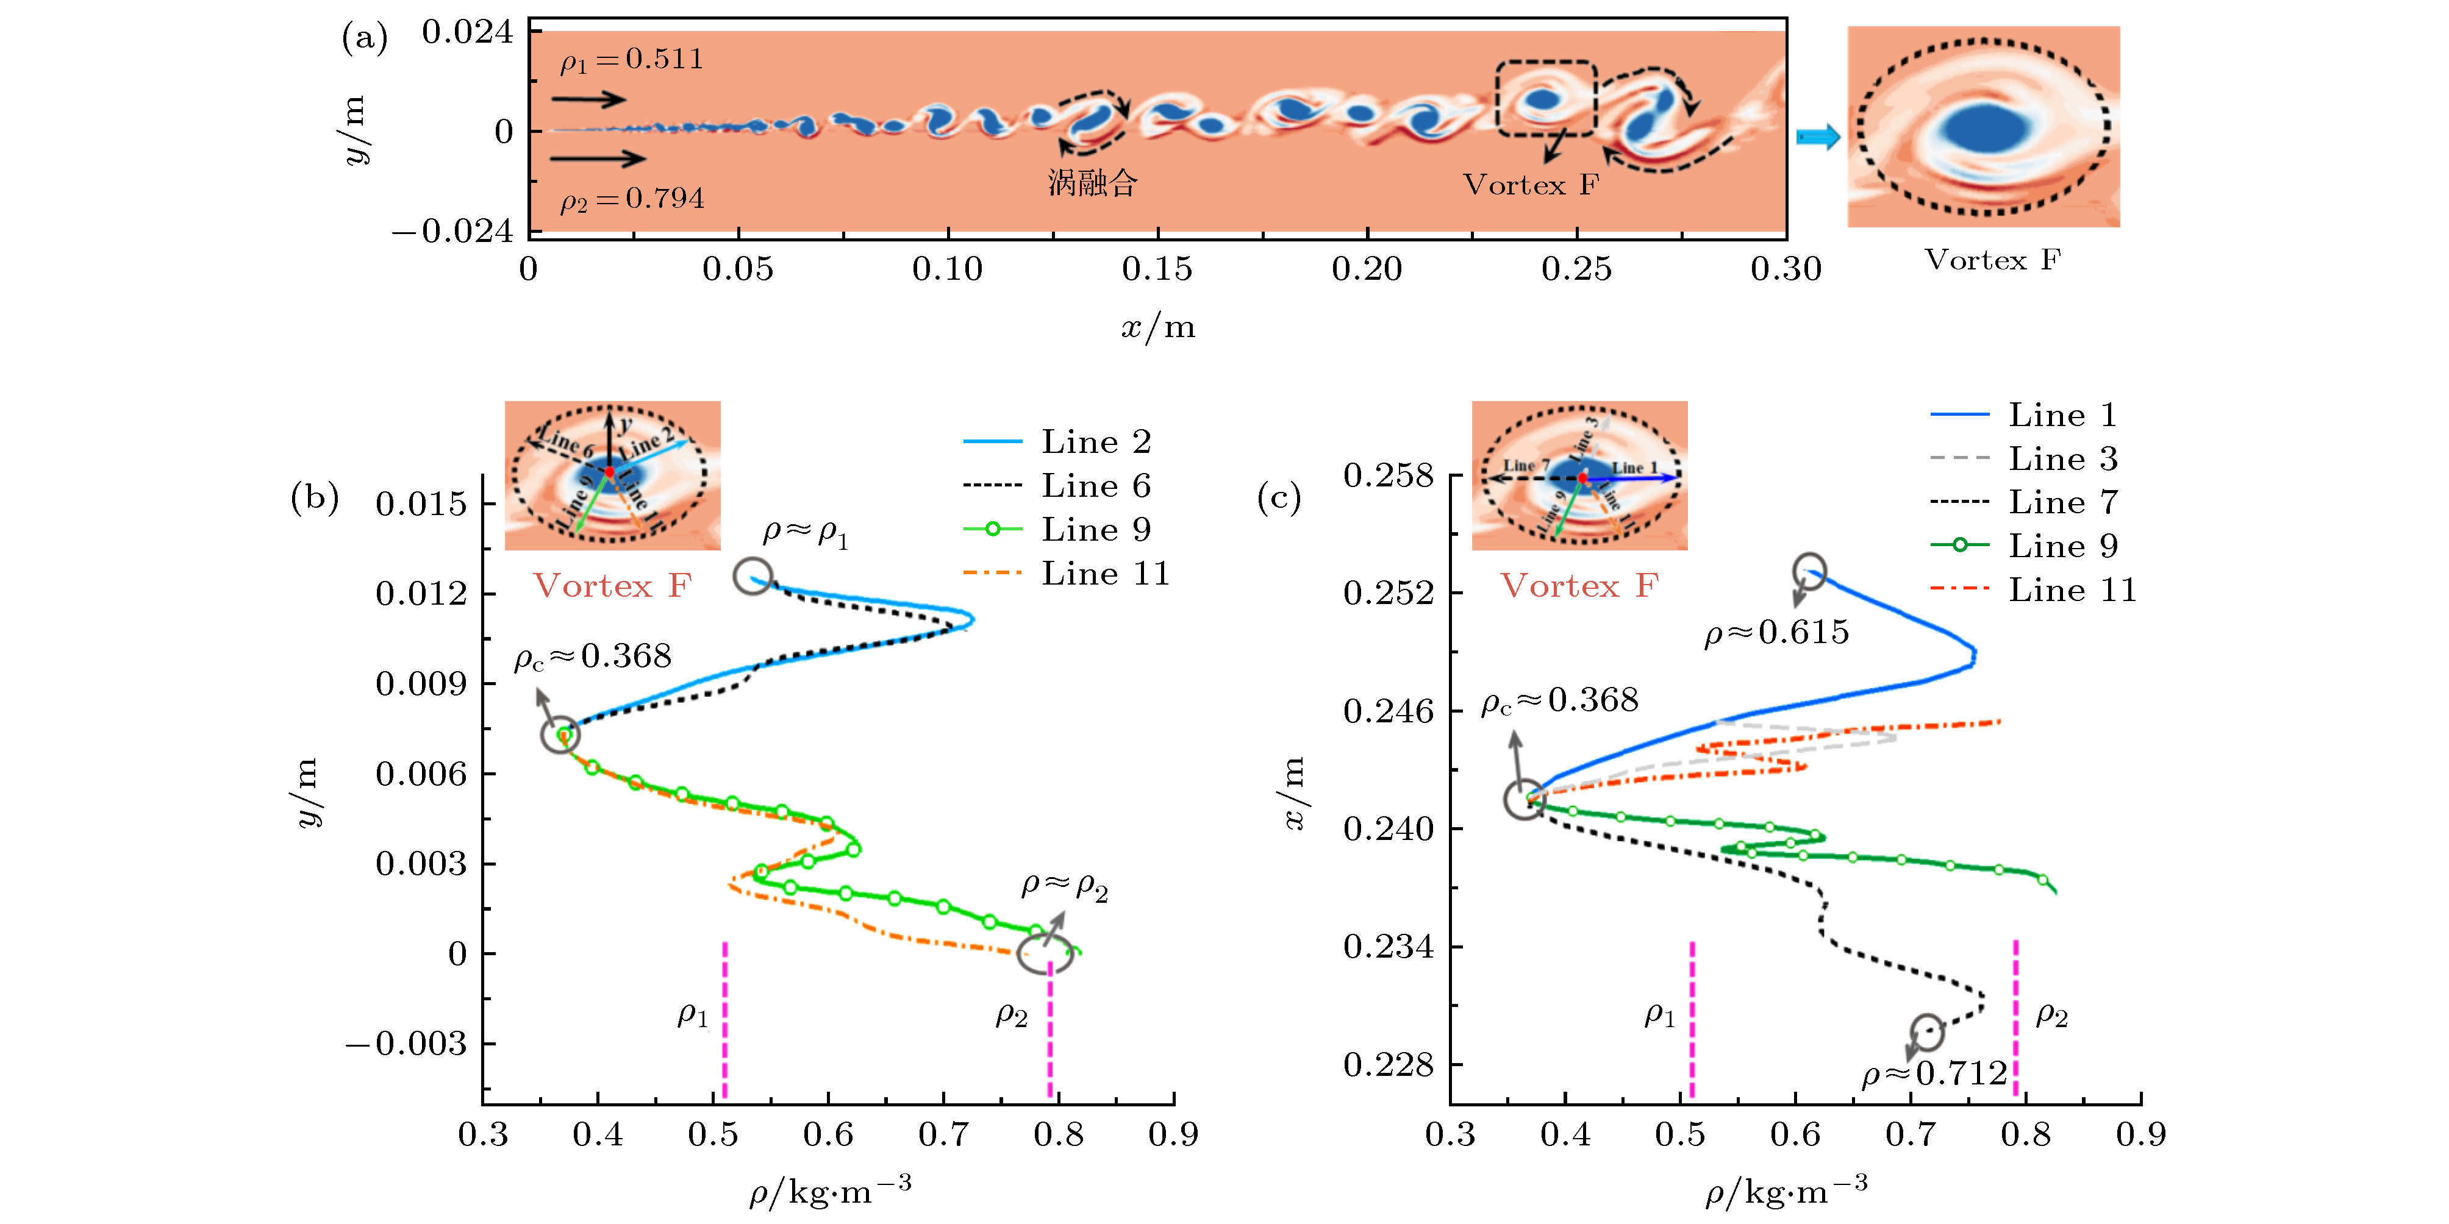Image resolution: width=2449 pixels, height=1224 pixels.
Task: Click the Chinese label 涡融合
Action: click(x=1092, y=182)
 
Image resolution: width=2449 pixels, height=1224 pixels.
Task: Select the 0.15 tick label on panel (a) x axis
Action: click(x=1157, y=269)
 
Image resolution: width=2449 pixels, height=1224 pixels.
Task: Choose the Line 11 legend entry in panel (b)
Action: click(x=1105, y=573)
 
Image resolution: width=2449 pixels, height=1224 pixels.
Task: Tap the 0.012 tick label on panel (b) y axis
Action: click(x=421, y=594)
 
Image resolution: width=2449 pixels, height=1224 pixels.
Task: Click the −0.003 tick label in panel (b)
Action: click(x=406, y=1044)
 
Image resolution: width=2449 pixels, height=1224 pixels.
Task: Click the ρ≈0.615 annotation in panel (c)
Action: click(x=1776, y=633)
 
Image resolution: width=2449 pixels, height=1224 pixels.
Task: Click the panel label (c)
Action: click(x=1279, y=498)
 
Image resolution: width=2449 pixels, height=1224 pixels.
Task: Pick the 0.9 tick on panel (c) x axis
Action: click(x=2141, y=1134)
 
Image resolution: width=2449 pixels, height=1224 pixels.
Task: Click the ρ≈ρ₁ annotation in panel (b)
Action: click(x=804, y=534)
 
